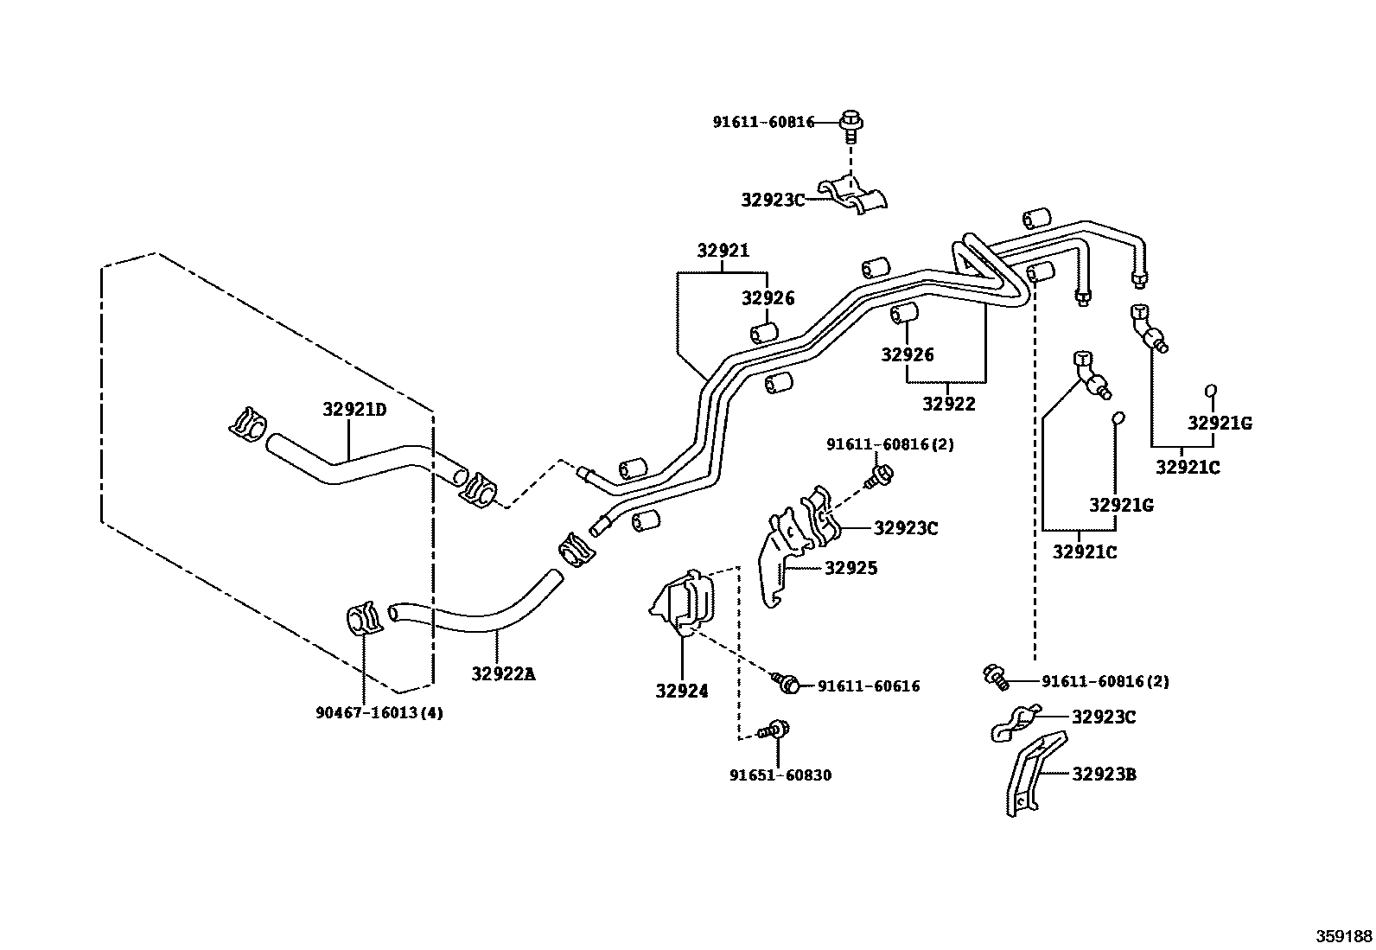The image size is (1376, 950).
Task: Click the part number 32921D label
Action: click(354, 410)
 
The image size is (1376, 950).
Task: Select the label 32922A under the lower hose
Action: click(503, 673)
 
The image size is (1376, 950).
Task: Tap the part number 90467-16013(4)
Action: click(379, 713)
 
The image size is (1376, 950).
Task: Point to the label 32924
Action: click(681, 691)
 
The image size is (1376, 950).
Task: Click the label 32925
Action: click(850, 568)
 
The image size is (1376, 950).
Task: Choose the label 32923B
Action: click(1104, 775)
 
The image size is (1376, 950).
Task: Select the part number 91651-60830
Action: click(780, 775)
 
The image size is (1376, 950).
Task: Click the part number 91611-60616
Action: click(868, 686)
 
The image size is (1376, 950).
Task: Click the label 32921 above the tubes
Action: click(723, 252)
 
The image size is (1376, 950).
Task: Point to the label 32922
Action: click(948, 404)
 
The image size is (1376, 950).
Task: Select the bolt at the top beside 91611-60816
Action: click(851, 125)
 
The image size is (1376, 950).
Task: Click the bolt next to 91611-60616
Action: click(788, 684)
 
